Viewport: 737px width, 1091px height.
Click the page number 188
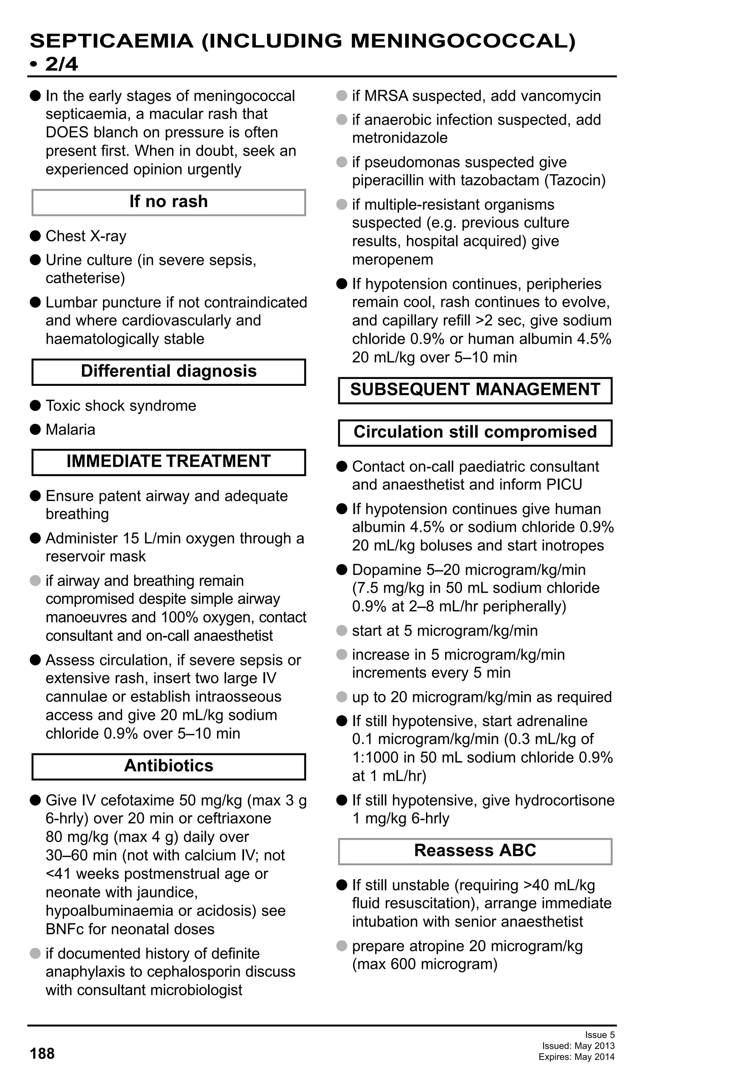[42, 1054]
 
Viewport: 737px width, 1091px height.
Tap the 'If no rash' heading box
[169, 202]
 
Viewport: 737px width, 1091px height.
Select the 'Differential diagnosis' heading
[169, 371]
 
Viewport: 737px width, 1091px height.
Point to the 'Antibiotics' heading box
[169, 766]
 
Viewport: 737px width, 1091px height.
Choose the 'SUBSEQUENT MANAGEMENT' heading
[475, 390]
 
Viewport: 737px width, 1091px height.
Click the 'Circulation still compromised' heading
[475, 432]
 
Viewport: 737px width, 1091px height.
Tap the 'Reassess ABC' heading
[475, 850]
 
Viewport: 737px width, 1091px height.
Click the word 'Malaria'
[71, 430]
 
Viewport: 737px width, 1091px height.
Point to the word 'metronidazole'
[400, 138]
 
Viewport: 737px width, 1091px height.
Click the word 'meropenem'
[393, 260]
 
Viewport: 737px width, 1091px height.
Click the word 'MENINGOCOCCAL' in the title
[463, 41]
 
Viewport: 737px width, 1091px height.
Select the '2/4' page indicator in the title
[62, 64]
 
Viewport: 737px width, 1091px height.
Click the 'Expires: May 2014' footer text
[577, 1057]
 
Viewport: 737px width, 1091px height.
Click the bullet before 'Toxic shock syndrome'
[35, 406]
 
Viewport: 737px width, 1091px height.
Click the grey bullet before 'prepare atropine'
[342, 945]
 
